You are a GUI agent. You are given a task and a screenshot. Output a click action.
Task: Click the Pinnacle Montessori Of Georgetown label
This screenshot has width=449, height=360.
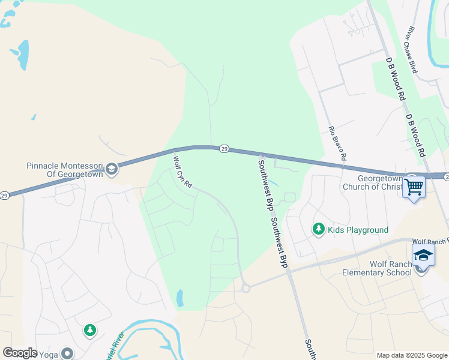click(x=65, y=170)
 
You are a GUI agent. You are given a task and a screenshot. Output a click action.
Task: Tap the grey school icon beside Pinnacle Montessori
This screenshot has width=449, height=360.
click(x=111, y=170)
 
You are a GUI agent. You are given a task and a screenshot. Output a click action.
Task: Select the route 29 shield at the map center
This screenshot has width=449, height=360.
click(x=223, y=149)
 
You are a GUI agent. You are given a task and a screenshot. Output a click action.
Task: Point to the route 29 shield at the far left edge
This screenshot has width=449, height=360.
click(x=4, y=196)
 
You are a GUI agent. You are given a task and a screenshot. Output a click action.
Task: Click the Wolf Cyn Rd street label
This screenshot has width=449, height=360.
click(x=182, y=172)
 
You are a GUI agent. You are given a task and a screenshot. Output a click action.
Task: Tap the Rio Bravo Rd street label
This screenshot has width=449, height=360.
click(x=337, y=142)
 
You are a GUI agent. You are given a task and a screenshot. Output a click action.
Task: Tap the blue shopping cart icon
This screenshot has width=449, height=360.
click(x=414, y=187)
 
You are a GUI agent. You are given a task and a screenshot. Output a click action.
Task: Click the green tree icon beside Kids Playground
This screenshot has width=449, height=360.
click(x=318, y=229)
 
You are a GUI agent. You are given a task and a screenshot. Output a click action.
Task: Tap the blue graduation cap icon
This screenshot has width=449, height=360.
click(x=423, y=254)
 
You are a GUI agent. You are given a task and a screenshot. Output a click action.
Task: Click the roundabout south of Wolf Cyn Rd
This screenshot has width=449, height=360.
click(x=246, y=289)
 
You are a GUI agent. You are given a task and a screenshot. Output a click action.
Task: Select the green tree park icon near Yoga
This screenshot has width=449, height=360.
click(x=90, y=330)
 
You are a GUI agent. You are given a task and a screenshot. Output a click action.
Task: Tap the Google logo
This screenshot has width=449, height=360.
click(x=20, y=352)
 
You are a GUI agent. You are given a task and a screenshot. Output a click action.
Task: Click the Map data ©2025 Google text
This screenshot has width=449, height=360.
click(x=412, y=355)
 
